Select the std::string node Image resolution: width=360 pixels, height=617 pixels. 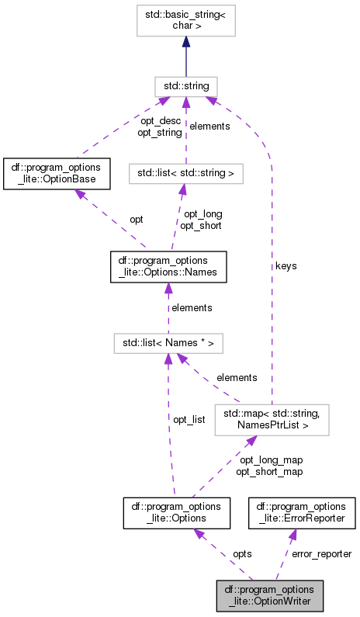[x=185, y=85]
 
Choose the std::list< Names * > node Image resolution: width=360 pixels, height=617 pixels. [x=168, y=341]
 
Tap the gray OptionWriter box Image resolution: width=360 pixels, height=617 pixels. [x=269, y=594]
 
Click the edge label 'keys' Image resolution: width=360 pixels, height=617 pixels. [x=286, y=265]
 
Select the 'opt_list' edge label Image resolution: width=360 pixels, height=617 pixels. [x=189, y=419]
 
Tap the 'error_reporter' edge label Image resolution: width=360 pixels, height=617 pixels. [x=321, y=553]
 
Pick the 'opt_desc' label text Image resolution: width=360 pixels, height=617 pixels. [x=161, y=120]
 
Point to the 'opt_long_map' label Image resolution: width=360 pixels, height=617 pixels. [x=268, y=460]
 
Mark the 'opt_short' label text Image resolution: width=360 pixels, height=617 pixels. [x=201, y=225]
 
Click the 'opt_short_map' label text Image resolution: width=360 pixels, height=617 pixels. [x=268, y=471]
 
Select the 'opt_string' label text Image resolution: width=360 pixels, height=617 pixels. [x=161, y=132]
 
